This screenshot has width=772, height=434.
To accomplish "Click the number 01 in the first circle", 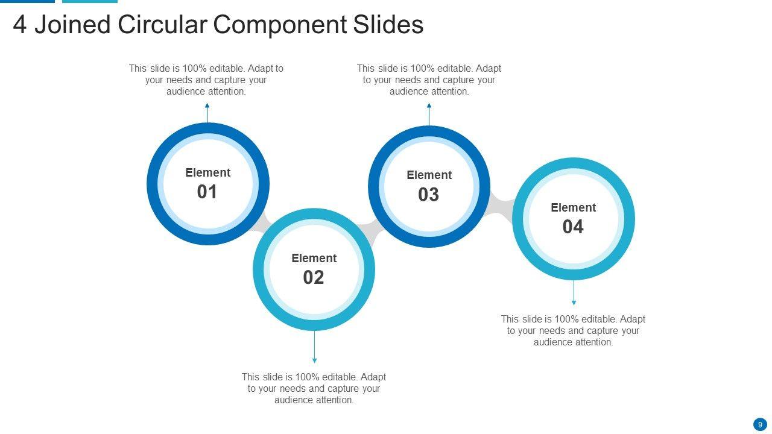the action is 207,192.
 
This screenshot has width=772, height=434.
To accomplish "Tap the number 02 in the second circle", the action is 314,277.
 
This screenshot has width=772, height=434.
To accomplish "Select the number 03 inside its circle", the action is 429,194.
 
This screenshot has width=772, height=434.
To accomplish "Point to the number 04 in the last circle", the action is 573,227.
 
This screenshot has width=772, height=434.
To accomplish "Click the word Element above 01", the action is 207,173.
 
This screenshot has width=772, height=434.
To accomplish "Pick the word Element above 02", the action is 314,259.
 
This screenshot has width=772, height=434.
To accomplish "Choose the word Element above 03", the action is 429,175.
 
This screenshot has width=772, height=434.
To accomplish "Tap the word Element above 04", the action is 573,208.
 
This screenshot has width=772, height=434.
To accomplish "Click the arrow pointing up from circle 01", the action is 207,112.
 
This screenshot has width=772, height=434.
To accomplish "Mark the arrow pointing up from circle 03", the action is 429,114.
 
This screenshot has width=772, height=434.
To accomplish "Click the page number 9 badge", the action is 760,424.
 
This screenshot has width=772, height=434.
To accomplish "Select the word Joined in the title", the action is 72,25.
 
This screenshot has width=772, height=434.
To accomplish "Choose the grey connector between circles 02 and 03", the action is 370,231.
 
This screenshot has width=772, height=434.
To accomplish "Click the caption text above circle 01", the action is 206,80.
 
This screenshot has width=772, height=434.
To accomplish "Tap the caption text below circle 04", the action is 573,330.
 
